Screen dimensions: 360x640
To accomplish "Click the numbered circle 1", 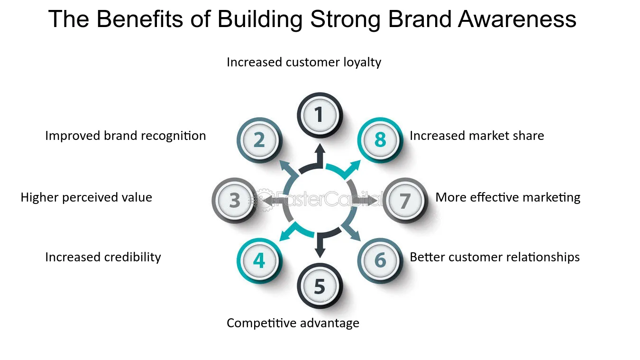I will (320, 115).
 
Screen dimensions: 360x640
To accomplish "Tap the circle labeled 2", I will (259, 140).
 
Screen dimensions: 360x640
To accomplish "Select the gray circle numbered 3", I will (234, 201).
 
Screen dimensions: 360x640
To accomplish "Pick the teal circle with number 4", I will (259, 261).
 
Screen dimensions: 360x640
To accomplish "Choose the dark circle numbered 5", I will (320, 286).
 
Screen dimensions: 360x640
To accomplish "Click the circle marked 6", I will (380, 261).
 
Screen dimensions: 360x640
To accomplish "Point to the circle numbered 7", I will (404, 201).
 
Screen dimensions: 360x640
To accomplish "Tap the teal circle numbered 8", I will (380, 140).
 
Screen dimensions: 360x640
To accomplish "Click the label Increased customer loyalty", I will (304, 62).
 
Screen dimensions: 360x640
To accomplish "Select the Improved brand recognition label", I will (126, 136).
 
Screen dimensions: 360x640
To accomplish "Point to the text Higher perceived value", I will (86, 197).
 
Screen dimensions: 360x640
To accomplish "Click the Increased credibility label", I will (103, 257).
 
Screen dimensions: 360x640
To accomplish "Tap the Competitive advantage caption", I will (293, 323).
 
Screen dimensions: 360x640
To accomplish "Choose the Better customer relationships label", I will (494, 257).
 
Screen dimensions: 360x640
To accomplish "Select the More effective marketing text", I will (508, 197).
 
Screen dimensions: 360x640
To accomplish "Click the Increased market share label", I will (476, 136).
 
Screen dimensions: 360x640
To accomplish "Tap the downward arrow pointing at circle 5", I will (320, 247).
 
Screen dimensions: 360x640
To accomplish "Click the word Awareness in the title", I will (517, 19).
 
